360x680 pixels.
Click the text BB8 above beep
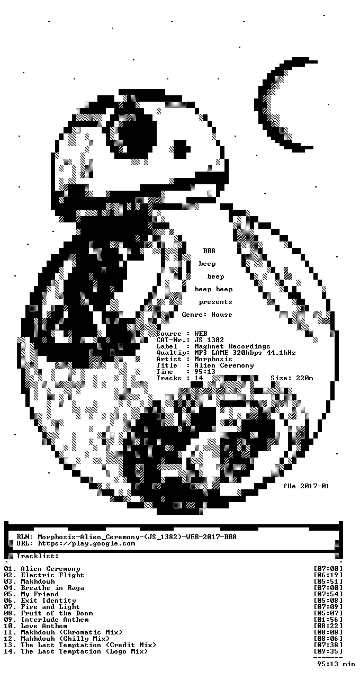coord(209,250)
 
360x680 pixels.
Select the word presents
coord(215,302)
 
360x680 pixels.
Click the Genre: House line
coord(207,315)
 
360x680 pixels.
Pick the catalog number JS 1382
coord(209,339)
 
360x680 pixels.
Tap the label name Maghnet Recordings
coord(232,346)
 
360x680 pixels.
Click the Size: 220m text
coord(292,378)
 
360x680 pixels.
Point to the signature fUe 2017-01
coord(307,486)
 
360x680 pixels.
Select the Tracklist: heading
coord(38,556)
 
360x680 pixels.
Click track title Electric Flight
coord(52,575)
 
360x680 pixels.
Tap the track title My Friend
coord(40,594)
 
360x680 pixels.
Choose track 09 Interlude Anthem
coord(47,620)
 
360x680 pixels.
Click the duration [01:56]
coord(328,620)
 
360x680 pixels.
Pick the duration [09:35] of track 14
coord(328,651)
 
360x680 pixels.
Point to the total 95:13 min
coord(336,664)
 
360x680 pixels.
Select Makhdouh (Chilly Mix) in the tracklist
coord(65,639)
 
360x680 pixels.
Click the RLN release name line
coord(127,537)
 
